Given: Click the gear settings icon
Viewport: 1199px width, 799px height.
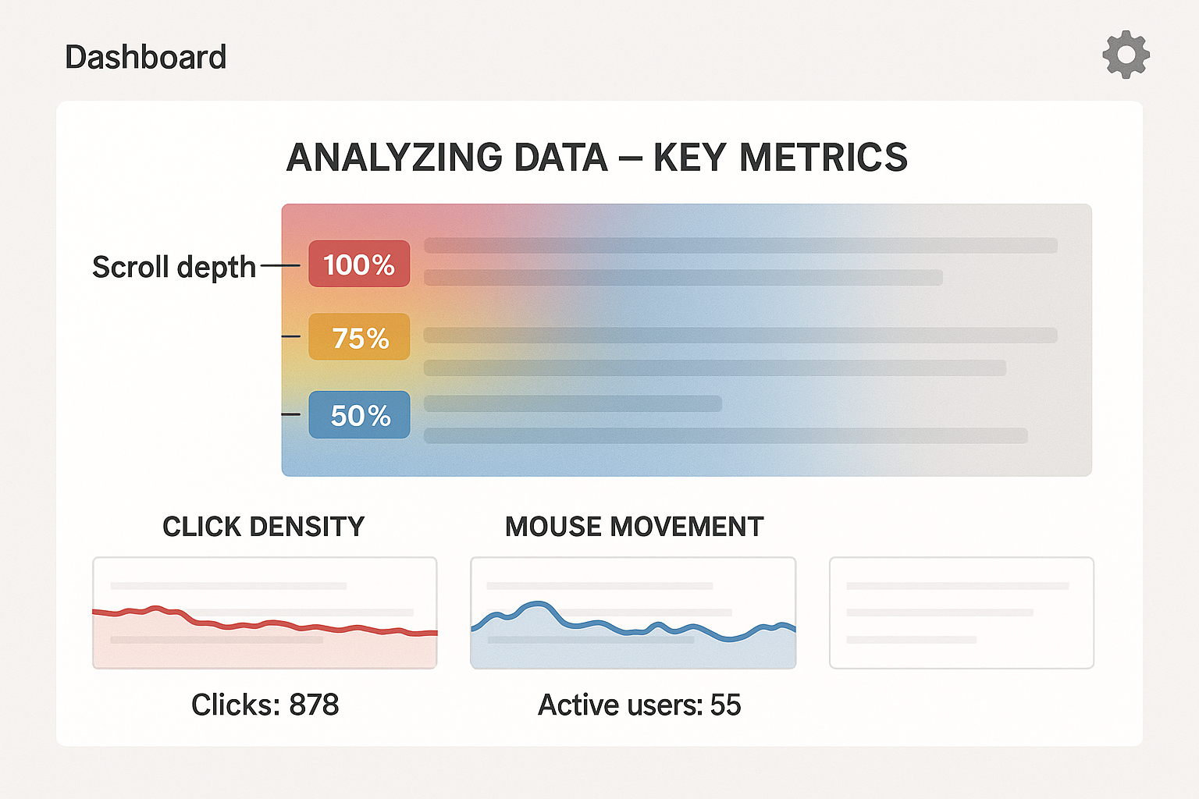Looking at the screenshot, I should pyautogui.click(x=1126, y=55).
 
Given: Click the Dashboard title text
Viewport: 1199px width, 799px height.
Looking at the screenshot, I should pyautogui.click(x=146, y=58).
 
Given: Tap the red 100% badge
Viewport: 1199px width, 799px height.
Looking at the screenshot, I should pyautogui.click(x=359, y=265).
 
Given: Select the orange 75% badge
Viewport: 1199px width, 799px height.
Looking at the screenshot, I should pyautogui.click(x=359, y=337).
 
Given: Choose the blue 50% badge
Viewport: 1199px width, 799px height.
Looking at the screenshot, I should pyautogui.click(x=359, y=415).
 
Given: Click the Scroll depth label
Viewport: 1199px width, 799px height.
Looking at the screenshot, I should pyautogui.click(x=173, y=267).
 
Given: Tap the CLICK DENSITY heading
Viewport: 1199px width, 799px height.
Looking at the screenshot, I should pyautogui.click(x=263, y=527).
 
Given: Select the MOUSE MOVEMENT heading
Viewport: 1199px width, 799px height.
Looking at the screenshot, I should pyautogui.click(x=634, y=527).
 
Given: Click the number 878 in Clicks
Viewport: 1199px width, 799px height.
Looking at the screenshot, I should pyautogui.click(x=314, y=705).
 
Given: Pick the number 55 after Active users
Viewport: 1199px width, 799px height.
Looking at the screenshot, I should pyautogui.click(x=725, y=705).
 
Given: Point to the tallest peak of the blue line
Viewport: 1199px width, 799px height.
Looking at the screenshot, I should pyautogui.click(x=536, y=604).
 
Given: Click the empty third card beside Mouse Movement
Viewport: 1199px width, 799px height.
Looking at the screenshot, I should pyautogui.click(x=961, y=613).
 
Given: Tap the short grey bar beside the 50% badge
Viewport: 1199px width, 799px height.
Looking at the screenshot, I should pyautogui.click(x=572, y=403).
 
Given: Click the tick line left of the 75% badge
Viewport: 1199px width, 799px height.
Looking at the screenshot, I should pyautogui.click(x=291, y=336).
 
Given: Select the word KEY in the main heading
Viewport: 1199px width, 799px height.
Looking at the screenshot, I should pyautogui.click(x=691, y=158).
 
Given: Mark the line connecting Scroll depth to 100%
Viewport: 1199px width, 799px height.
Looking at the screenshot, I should pyautogui.click(x=279, y=265).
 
